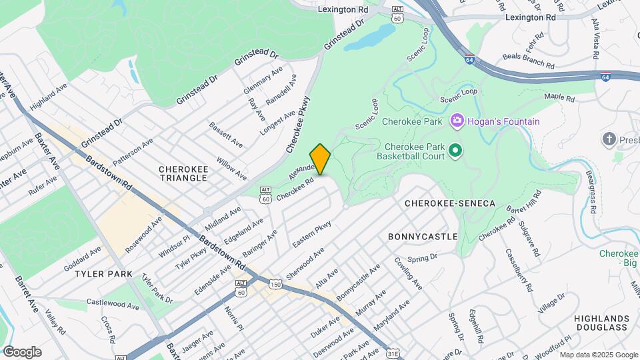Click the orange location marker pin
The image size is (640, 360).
(x=320, y=159)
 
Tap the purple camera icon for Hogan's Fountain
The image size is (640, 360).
(x=457, y=121)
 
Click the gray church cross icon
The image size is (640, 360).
(x=608, y=139)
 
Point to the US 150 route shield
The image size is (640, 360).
(x=275, y=285)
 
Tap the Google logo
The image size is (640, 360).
(x=22, y=352)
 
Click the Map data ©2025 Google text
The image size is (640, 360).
(x=598, y=355)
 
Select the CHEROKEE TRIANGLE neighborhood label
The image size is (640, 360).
(x=183, y=174)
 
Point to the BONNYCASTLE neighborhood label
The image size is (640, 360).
(x=423, y=237)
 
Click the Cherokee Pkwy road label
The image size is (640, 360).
(x=298, y=124)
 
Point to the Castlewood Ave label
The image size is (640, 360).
(x=113, y=303)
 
